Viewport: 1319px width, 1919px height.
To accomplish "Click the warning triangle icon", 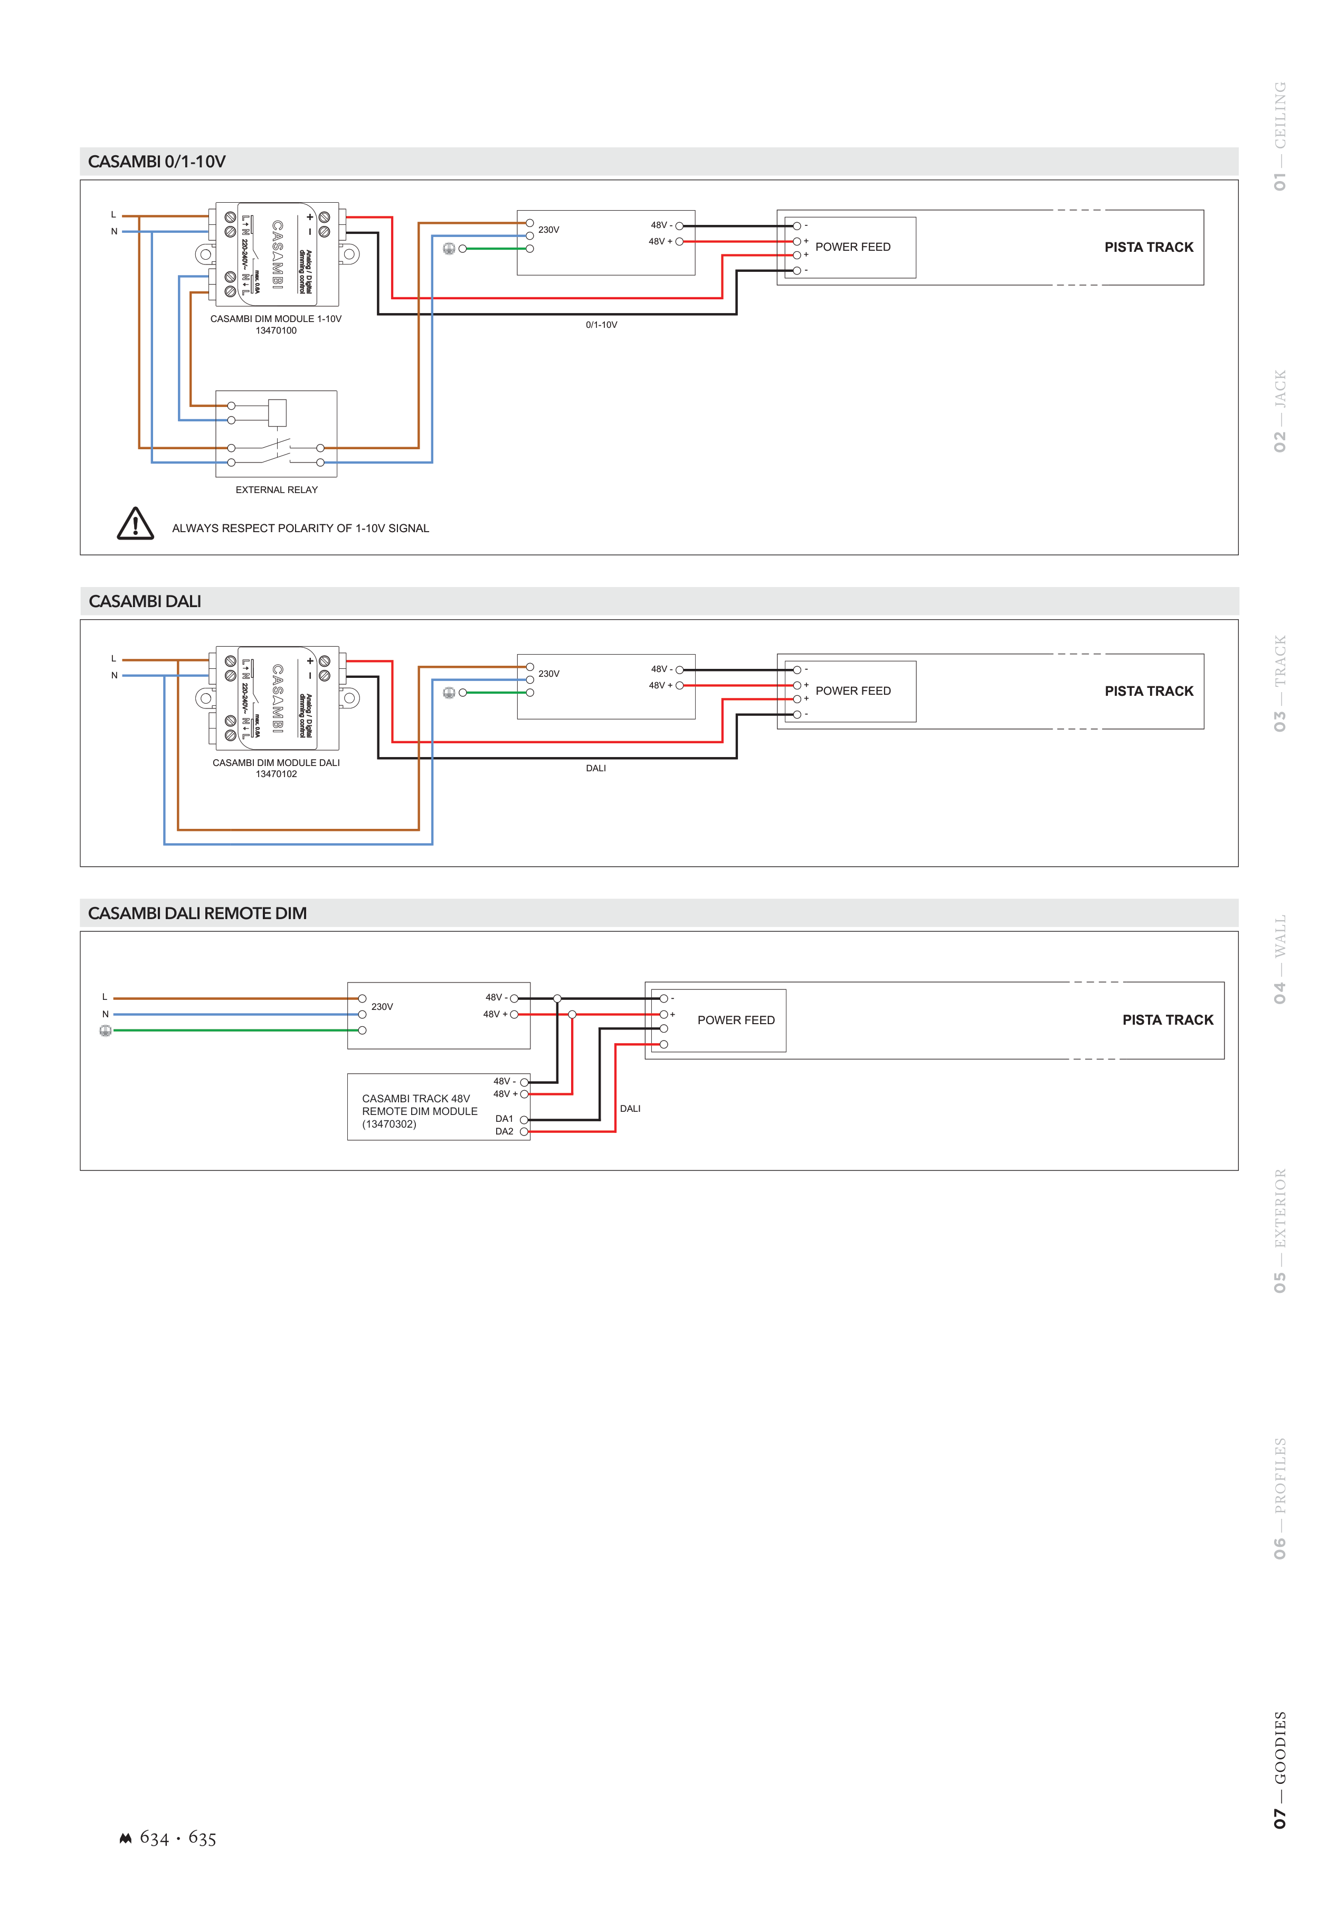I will (136, 524).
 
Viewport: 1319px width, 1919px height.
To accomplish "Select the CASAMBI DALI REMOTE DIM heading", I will (197, 913).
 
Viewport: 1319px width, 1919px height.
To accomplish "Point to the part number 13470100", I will (276, 330).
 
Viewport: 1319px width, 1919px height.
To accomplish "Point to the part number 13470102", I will (276, 774).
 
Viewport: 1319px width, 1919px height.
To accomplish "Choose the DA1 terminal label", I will (504, 1119).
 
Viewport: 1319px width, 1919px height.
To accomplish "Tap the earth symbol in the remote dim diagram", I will (105, 1031).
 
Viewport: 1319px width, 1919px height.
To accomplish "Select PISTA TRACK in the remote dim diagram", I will (1167, 1020).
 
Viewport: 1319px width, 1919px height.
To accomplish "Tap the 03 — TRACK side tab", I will (1279, 684).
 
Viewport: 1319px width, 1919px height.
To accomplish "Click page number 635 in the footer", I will (203, 1838).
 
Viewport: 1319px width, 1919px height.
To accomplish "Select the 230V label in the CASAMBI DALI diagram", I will (549, 674).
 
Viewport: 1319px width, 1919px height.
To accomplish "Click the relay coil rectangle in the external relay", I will (278, 412).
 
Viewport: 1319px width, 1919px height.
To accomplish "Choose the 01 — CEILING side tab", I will (1279, 136).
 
